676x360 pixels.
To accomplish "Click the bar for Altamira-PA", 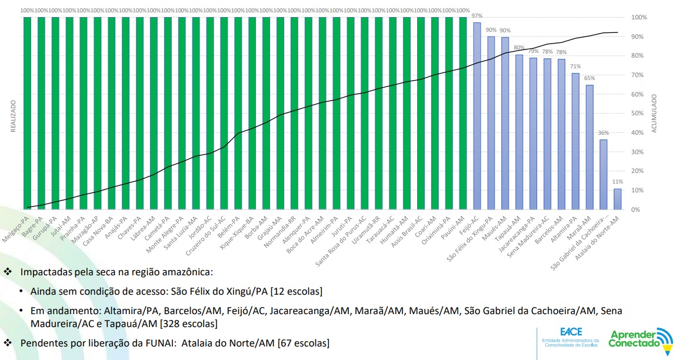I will click(x=575, y=141).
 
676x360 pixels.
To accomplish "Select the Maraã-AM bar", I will click(x=590, y=147).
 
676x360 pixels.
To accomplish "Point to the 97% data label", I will click(x=477, y=16).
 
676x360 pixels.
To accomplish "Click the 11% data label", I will click(x=618, y=182).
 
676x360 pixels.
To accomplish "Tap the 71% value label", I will click(x=575, y=66).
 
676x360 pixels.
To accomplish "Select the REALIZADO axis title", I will click(x=13, y=116).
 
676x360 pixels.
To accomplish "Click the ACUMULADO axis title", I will click(x=654, y=114).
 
